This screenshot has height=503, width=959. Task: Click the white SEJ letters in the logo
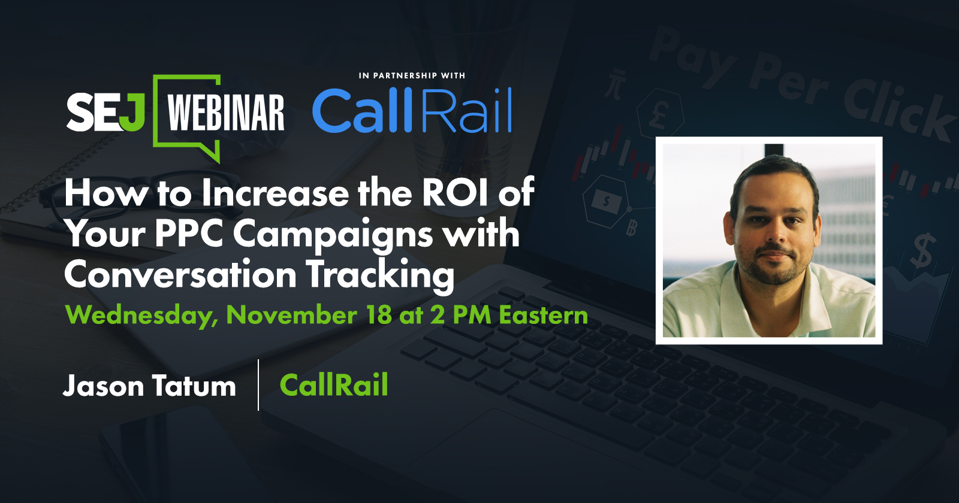point(105,112)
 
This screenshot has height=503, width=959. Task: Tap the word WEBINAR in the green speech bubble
point(225,112)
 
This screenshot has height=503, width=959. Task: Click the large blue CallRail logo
point(412,110)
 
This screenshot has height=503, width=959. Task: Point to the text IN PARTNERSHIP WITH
point(412,75)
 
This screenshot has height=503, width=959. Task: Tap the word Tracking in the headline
point(381,276)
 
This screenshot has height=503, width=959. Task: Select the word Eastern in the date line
point(544,315)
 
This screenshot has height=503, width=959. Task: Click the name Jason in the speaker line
point(103,386)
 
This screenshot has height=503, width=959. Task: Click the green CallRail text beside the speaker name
point(334,384)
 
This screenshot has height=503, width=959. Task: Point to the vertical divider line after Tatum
point(258,385)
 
